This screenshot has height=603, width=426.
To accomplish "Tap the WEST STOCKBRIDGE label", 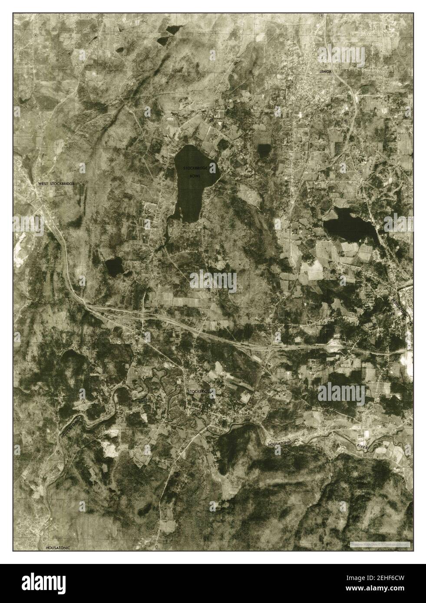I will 56,184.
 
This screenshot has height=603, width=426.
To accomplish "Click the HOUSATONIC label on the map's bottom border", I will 58,547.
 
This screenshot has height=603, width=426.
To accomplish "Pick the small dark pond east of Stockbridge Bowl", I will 264,150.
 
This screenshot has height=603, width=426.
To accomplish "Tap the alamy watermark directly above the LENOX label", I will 334,55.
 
